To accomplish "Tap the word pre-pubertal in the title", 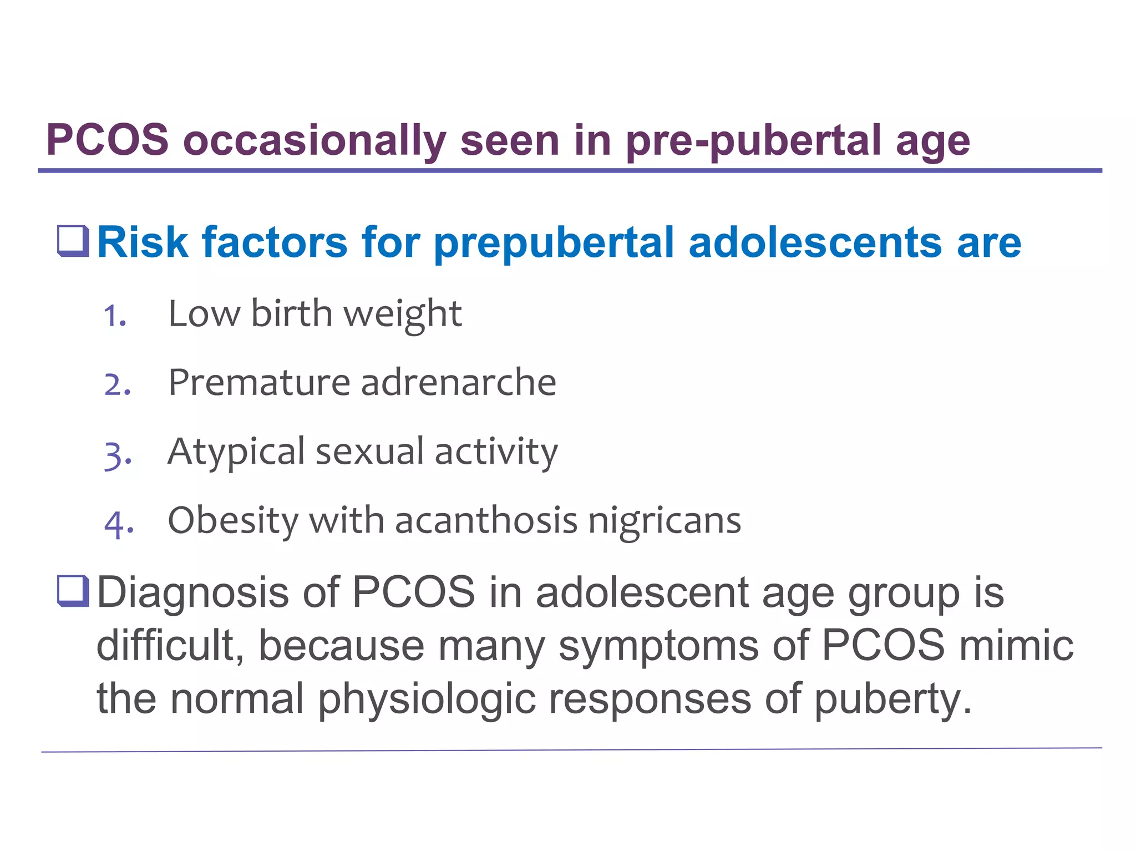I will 753,140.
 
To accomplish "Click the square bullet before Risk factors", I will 73,241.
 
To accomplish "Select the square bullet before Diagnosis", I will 73,591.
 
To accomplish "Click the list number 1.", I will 115,316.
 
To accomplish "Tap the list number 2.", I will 117,384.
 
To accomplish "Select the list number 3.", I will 117,454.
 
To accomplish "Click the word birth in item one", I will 291,313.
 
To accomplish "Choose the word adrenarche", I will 459,382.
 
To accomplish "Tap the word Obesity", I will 233,521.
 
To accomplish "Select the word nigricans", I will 665,521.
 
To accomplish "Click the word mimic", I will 1016,645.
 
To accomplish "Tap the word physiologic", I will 427,699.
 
